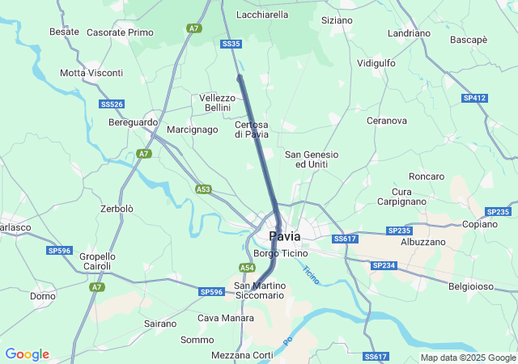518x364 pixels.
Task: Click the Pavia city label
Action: click(x=284, y=236)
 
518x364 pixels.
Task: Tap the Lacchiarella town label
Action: click(x=262, y=15)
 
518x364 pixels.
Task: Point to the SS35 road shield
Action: click(x=231, y=44)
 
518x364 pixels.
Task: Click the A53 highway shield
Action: click(x=203, y=189)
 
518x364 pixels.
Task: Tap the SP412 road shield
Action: click(x=474, y=98)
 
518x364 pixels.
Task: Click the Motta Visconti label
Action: click(x=91, y=73)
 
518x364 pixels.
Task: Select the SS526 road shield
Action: click(x=112, y=104)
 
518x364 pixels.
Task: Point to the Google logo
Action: click(x=27, y=354)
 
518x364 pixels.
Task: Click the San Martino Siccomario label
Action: click(x=259, y=290)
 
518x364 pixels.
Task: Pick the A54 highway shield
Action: click(x=247, y=268)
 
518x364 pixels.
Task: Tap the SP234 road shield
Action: click(x=384, y=265)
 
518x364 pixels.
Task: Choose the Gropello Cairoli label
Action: click(x=97, y=261)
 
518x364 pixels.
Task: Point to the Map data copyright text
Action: click(x=468, y=358)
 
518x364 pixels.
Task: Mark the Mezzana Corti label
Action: click(x=242, y=355)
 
